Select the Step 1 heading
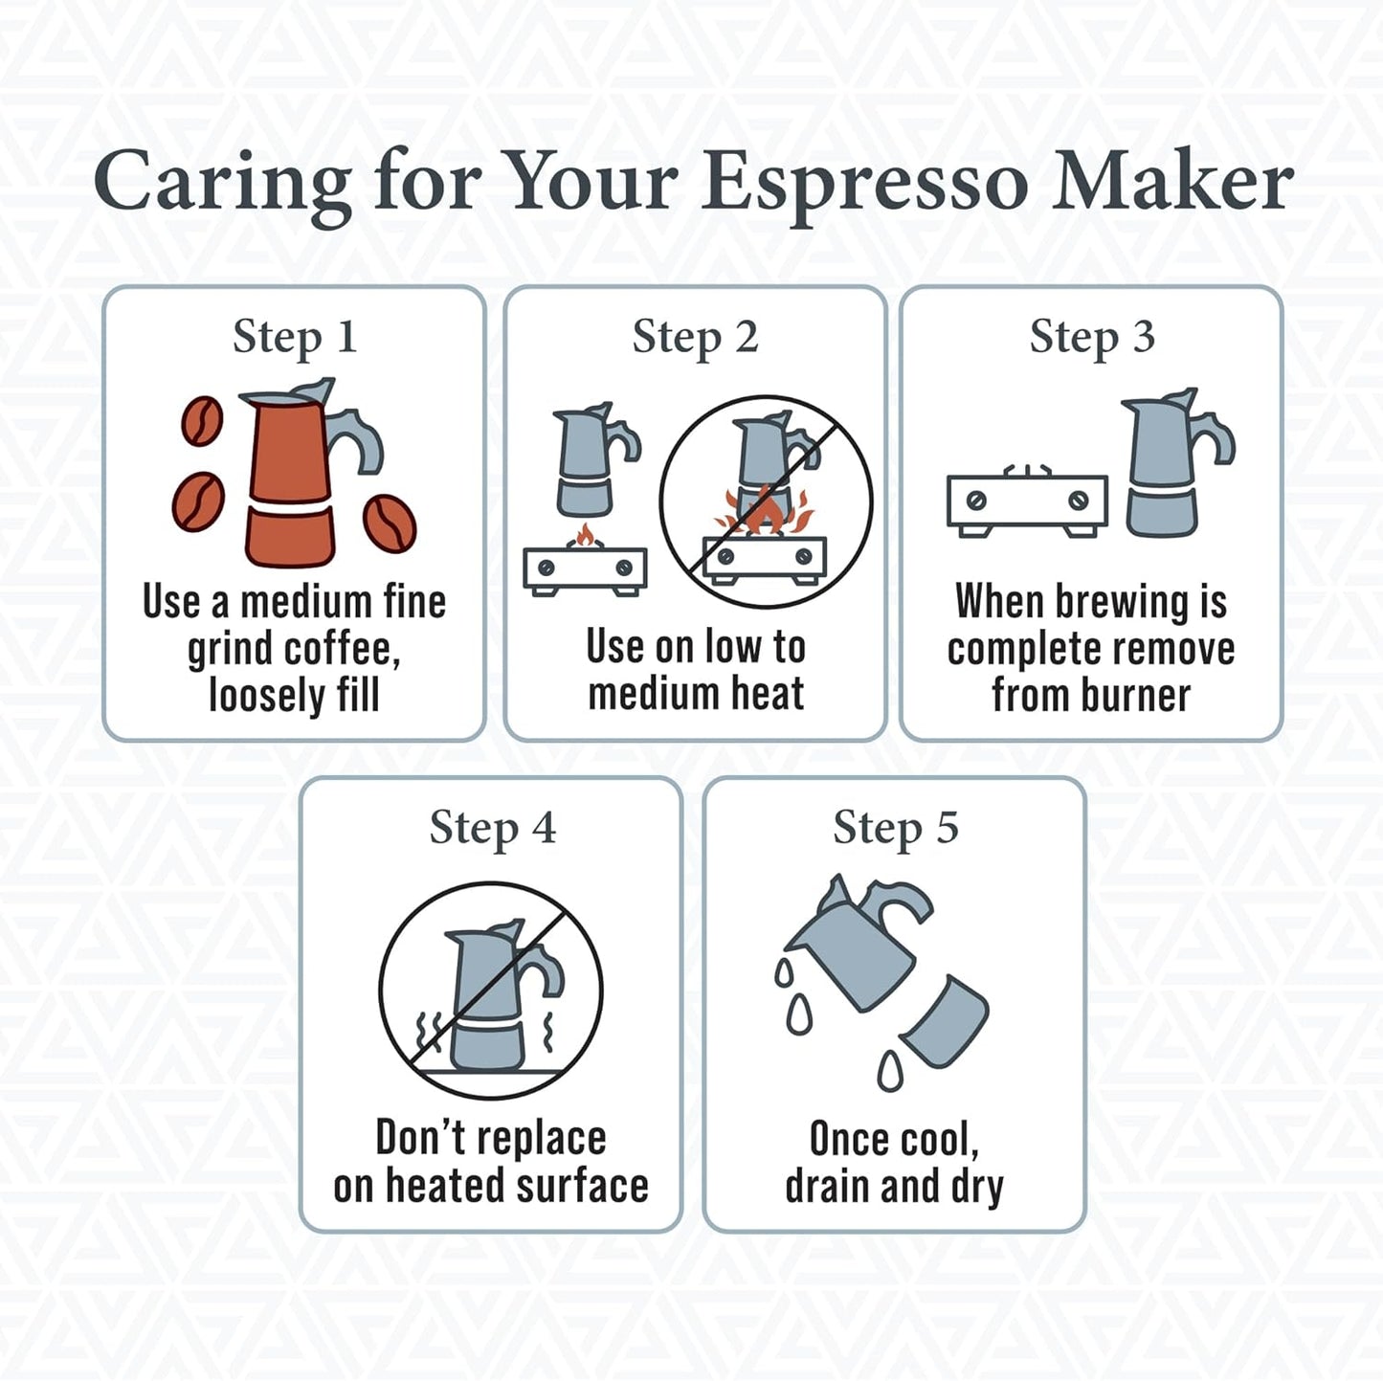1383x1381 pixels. [295, 337]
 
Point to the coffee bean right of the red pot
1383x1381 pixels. [390, 523]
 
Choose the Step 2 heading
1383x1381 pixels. [695, 337]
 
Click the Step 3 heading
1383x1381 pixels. [1092, 337]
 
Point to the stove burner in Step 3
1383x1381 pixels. [1027, 501]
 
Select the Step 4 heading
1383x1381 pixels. [492, 828]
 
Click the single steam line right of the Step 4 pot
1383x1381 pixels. [548, 1034]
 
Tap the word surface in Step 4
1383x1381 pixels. [582, 1186]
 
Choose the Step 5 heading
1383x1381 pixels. [895, 828]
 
